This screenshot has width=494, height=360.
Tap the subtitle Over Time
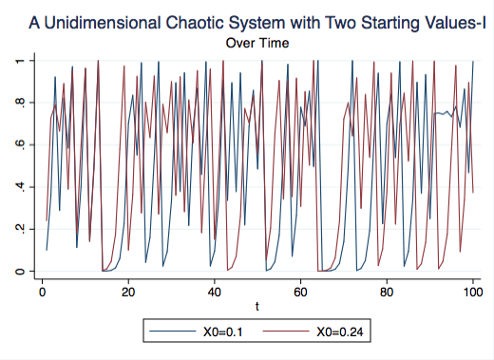[x=258, y=43]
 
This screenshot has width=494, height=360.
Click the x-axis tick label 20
[x=128, y=291]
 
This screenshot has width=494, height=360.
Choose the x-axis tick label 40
[x=215, y=291]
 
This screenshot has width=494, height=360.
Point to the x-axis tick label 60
[x=301, y=291]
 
